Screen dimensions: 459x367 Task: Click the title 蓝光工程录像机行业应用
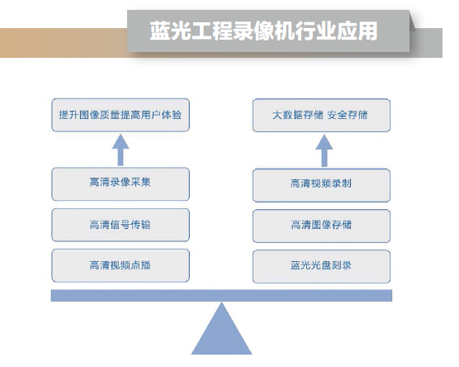coord(263,31)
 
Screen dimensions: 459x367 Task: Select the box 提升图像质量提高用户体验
coord(121,115)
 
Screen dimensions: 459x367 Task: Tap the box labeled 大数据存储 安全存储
coord(321,115)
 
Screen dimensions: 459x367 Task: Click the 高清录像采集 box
coord(121,184)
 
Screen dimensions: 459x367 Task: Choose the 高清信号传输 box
coord(121,225)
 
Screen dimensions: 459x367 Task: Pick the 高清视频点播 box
coord(121,265)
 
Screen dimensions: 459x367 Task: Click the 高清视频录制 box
coord(321,185)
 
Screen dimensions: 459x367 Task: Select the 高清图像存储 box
coord(321,226)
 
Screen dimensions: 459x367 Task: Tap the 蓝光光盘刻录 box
coord(321,266)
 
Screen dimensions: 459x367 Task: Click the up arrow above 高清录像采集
coord(121,150)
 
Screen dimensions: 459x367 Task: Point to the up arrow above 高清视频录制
coord(324,150)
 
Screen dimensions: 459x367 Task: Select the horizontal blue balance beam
coord(221,295)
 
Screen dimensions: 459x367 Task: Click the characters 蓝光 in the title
coord(170,31)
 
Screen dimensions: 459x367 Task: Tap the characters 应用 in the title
coord(357,31)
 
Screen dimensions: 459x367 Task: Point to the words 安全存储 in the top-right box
coord(348,115)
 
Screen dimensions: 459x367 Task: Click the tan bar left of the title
coord(64,43)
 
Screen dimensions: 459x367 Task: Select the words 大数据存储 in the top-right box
coord(298,115)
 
